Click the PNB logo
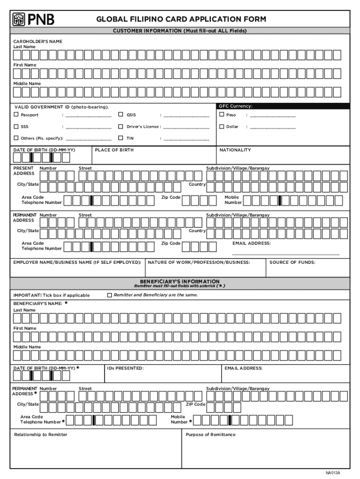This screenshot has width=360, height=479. (x=33, y=19)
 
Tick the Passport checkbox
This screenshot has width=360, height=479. (x=16, y=115)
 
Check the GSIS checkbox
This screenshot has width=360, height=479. (x=121, y=115)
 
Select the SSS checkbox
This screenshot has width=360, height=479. (x=16, y=126)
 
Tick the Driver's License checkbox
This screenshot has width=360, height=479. (x=121, y=126)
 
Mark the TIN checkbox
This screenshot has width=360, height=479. (x=121, y=138)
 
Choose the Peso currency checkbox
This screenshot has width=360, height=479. (x=222, y=115)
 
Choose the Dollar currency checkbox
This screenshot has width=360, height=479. (x=222, y=126)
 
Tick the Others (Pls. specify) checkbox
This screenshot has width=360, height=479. (x=16, y=138)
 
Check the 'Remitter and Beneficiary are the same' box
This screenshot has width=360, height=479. (x=110, y=295)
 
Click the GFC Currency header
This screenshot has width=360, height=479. (x=236, y=106)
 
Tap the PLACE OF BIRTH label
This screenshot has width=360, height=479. (x=114, y=150)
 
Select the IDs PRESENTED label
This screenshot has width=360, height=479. (x=125, y=368)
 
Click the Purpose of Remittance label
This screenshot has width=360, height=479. (x=210, y=435)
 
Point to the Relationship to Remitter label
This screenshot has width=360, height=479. (x=41, y=435)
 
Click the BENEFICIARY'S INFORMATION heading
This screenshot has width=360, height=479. (x=180, y=282)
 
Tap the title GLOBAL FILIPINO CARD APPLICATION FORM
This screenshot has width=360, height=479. (x=181, y=19)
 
